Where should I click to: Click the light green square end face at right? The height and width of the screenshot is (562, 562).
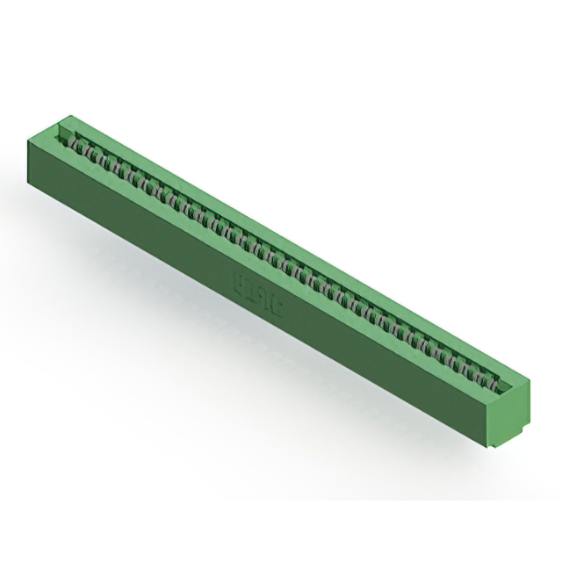tap(510, 414)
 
